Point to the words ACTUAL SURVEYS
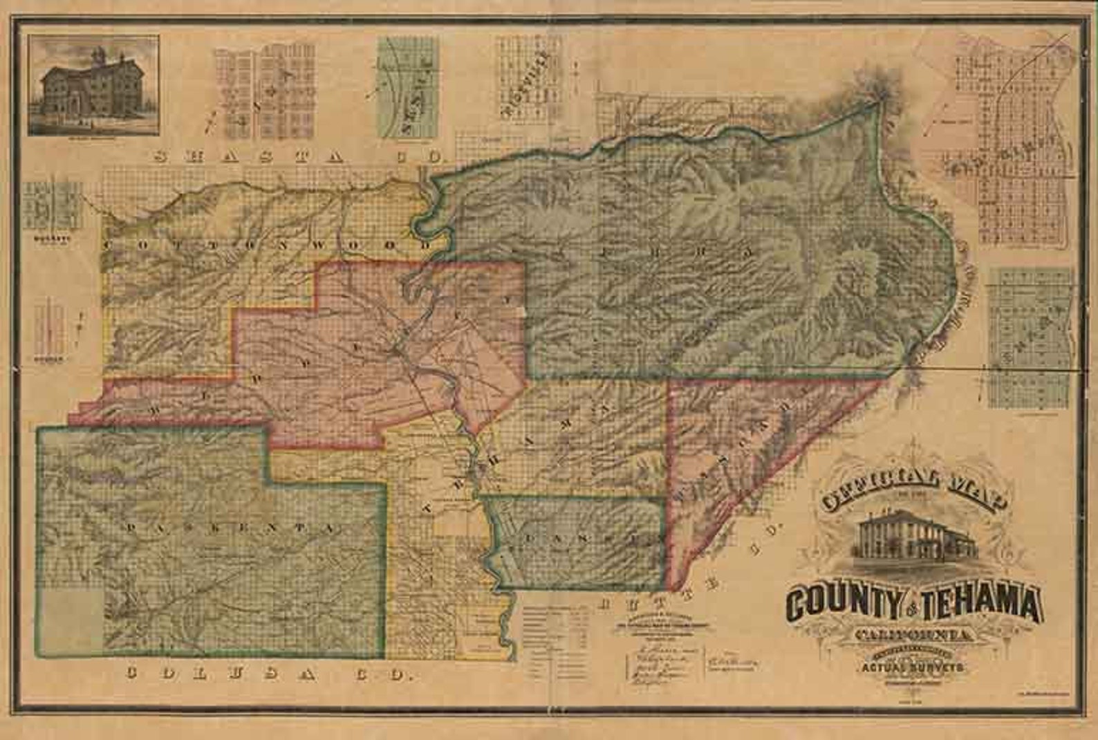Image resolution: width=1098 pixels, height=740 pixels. [913, 668]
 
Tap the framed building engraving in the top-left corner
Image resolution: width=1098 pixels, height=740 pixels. [93, 85]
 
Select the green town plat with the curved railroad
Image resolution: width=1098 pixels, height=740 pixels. [408, 86]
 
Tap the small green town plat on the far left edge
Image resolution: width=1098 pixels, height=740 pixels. [52, 205]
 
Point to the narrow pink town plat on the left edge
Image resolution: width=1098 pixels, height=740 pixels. [50, 328]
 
